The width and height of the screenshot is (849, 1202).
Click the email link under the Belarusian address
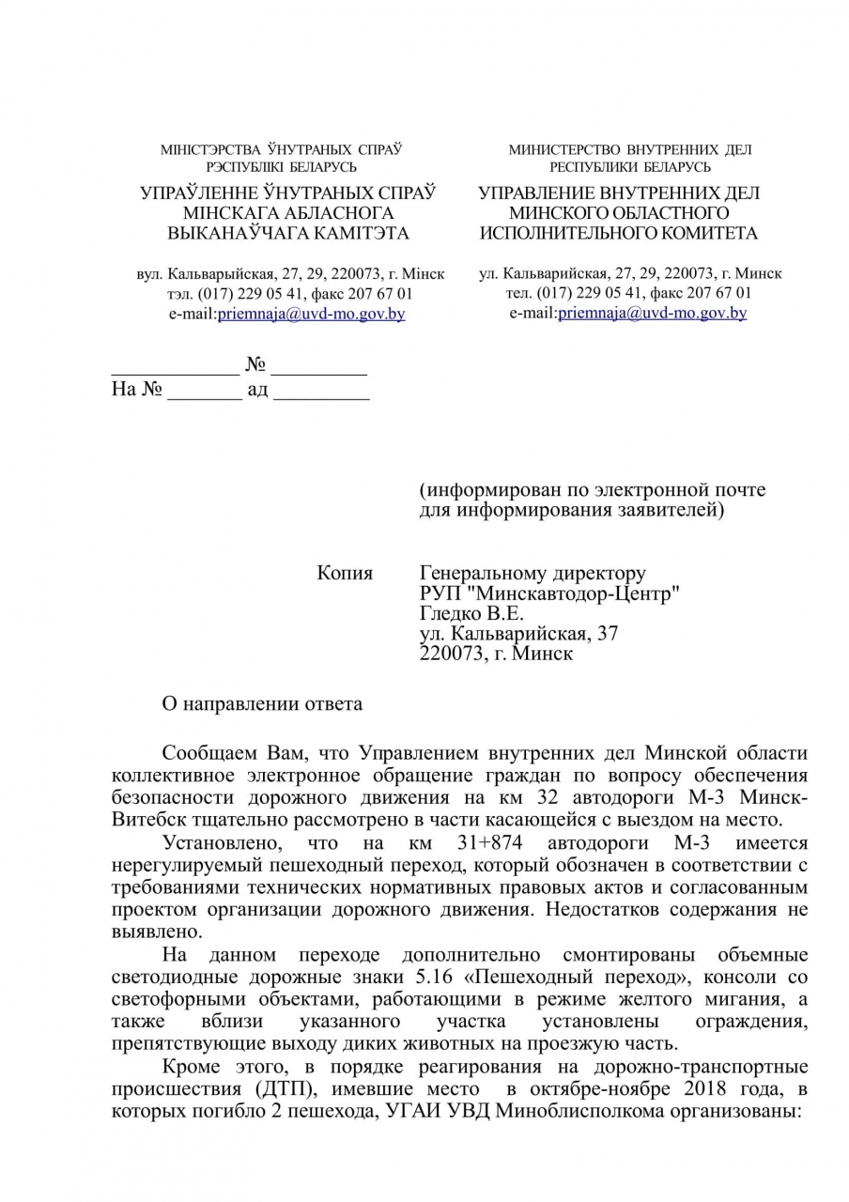pyautogui.click(x=311, y=314)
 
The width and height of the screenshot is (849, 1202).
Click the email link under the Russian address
pyautogui.click(x=652, y=314)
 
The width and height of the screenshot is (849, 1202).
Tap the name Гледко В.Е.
pyautogui.click(x=465, y=614)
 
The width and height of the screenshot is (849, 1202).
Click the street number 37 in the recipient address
pyautogui.click(x=607, y=634)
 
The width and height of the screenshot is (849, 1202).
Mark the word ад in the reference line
pyautogui.click(x=257, y=389)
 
